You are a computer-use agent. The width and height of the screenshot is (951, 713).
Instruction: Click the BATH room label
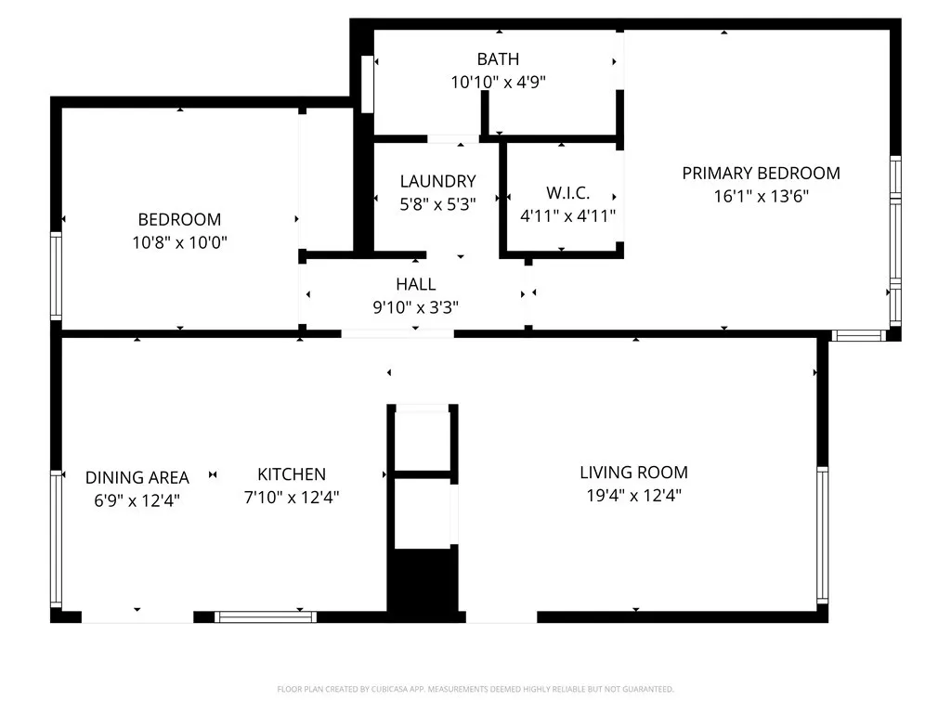coord(498,59)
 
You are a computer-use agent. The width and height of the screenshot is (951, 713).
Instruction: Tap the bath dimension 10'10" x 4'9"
coord(498,82)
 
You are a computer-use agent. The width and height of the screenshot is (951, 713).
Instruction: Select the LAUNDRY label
coord(437,182)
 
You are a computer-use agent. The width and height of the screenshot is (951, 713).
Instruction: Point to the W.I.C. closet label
coord(567,193)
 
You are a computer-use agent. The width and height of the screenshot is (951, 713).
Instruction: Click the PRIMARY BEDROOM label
coord(761,173)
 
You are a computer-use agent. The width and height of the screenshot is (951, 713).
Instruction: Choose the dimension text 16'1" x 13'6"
coord(761,196)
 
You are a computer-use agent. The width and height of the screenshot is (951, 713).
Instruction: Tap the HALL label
coord(415,284)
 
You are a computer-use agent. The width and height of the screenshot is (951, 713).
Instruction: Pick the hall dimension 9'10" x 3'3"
coord(415,306)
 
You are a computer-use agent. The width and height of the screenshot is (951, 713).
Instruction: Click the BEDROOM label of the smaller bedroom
coord(179,220)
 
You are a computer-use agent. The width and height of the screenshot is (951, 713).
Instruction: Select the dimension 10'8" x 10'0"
coord(179,242)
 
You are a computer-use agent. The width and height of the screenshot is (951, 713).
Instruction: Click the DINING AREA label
coord(137,478)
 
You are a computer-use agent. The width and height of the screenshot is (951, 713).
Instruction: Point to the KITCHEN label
coord(292,474)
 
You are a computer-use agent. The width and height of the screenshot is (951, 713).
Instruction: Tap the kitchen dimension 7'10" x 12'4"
coord(292,498)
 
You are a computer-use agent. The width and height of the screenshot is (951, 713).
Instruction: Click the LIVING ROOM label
coord(633,473)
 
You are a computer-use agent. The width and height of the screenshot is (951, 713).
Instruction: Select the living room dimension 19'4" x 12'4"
coord(633,496)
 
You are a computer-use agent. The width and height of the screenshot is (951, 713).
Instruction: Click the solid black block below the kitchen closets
coord(423,579)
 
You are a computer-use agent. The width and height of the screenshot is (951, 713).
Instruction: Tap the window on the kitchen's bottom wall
coord(265,616)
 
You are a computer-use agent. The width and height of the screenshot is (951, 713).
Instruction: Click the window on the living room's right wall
coord(822,534)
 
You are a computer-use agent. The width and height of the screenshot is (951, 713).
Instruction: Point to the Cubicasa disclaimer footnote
coord(475,689)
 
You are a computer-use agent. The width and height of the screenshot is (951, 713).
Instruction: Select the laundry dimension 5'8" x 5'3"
coord(437,204)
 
